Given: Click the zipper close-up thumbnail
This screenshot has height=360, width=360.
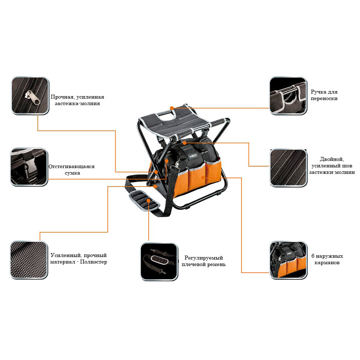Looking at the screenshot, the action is (30, 96).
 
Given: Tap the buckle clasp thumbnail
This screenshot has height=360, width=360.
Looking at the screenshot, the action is (29, 167).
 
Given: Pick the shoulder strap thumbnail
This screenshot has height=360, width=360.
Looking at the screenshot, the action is (159, 261).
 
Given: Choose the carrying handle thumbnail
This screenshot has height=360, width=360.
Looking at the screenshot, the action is (288, 96).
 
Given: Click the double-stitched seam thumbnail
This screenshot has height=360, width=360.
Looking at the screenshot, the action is (289, 168).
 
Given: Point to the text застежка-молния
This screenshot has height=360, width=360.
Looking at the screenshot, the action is (77, 103).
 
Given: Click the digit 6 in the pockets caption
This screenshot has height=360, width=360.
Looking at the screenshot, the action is (313, 256).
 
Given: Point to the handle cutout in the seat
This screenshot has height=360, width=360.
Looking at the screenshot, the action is (165, 113).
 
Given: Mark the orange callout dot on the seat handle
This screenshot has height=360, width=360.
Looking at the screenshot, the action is (172, 108).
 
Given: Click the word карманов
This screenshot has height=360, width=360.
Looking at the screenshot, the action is (327, 263).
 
